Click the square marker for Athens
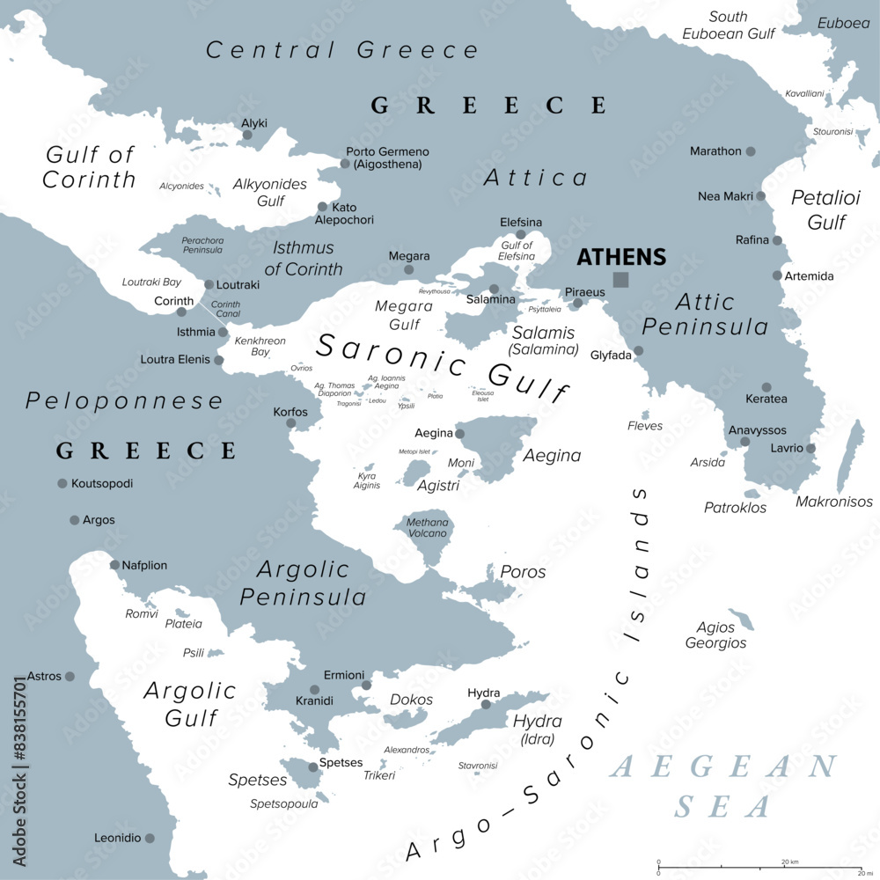pyautogui.click(x=621, y=280)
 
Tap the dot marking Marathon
pyautogui.click(x=751, y=151)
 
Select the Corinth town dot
pyautogui.click(x=181, y=312)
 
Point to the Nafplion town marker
pyautogui.click(x=114, y=565)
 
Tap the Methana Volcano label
pyautogui.click(x=427, y=528)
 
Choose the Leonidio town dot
pyautogui.click(x=150, y=839)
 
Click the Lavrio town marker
pyautogui.click(x=810, y=448)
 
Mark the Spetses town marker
pyautogui.click(x=312, y=767)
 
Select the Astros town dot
pyautogui.click(x=70, y=676)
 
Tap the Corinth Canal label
pyautogui.click(x=226, y=310)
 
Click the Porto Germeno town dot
pyautogui.click(x=345, y=164)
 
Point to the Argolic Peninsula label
pyautogui.click(x=303, y=583)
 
